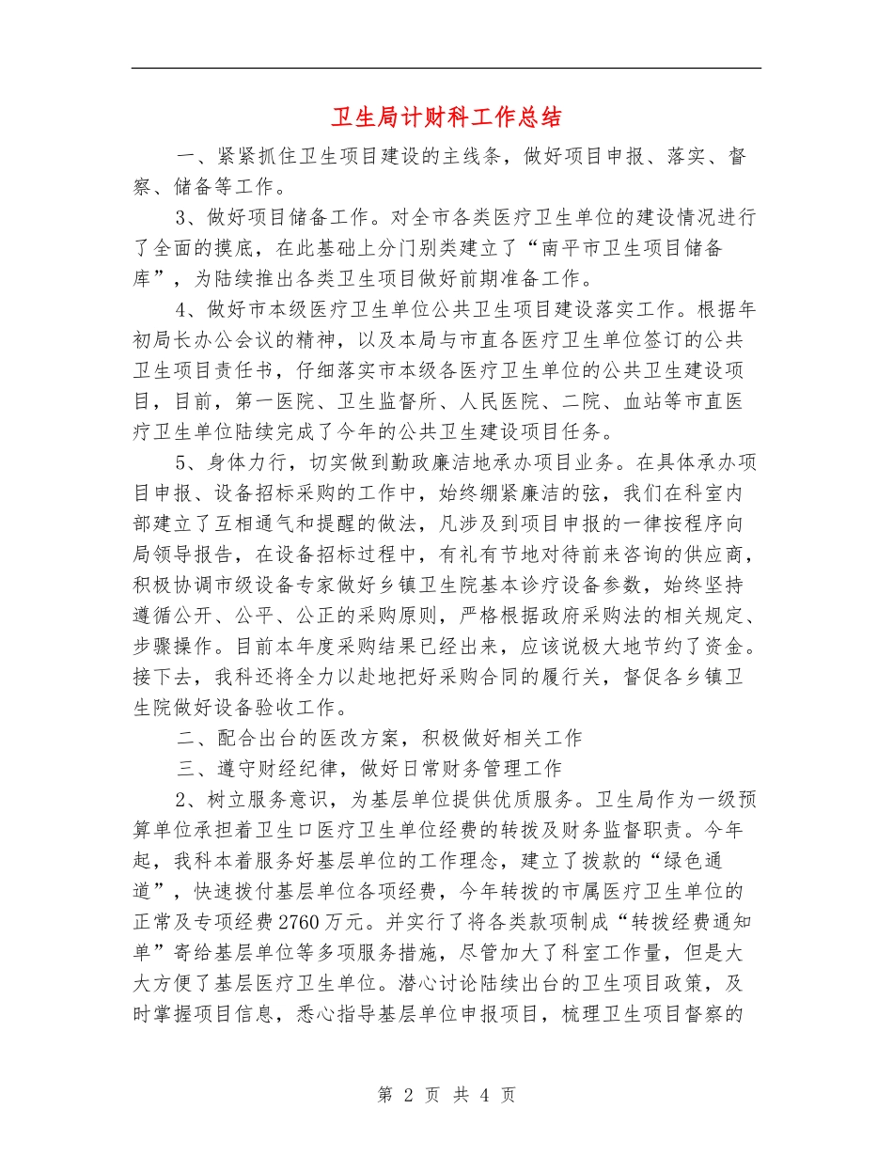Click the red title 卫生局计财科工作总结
(x=446, y=117)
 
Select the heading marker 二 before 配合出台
(x=184, y=738)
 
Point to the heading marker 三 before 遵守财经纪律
(x=184, y=768)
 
